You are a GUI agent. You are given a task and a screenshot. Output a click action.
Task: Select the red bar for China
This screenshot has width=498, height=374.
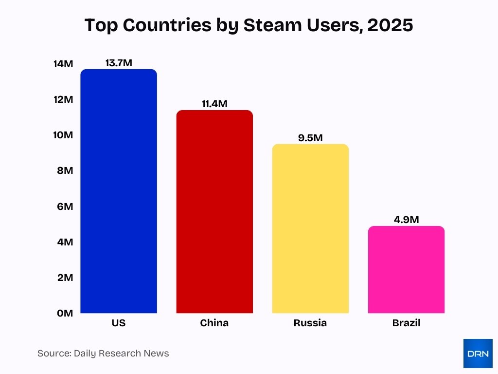tap(214, 211)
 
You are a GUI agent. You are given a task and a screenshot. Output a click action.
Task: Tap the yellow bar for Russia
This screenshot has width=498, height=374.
tap(310, 228)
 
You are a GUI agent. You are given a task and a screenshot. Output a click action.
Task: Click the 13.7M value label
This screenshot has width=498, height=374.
tap(119, 63)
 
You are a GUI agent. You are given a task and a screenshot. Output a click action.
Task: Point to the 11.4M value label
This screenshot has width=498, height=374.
tap(214, 104)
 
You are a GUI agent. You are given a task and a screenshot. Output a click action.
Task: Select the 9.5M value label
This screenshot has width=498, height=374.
tap(310, 138)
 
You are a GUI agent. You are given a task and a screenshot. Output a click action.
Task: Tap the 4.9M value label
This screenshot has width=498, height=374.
tap(406, 220)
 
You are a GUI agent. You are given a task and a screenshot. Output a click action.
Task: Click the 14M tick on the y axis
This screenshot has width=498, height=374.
tap(63, 64)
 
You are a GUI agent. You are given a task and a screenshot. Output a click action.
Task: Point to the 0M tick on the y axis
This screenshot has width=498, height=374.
tap(65, 313)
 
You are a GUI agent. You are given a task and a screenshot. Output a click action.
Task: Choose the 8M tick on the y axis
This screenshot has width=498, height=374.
tap(64, 170)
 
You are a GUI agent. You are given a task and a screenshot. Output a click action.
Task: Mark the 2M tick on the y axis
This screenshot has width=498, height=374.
tap(65, 278)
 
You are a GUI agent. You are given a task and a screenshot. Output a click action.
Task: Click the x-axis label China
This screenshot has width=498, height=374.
tap(214, 323)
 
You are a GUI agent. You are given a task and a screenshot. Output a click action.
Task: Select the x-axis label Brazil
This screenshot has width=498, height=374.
tap(406, 323)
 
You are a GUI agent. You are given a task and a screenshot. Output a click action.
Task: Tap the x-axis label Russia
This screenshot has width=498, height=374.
tap(310, 323)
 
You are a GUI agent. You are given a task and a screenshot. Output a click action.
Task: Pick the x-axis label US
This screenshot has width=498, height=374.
tap(119, 323)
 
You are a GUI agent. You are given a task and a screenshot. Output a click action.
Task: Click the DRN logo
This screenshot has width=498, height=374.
tap(478, 354)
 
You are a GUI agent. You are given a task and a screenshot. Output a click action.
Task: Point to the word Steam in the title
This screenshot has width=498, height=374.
tap(269, 25)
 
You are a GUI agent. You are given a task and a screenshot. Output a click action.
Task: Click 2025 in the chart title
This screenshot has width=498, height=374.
tap(390, 25)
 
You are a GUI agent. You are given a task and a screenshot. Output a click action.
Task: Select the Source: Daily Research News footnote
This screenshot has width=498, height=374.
tap(103, 354)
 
